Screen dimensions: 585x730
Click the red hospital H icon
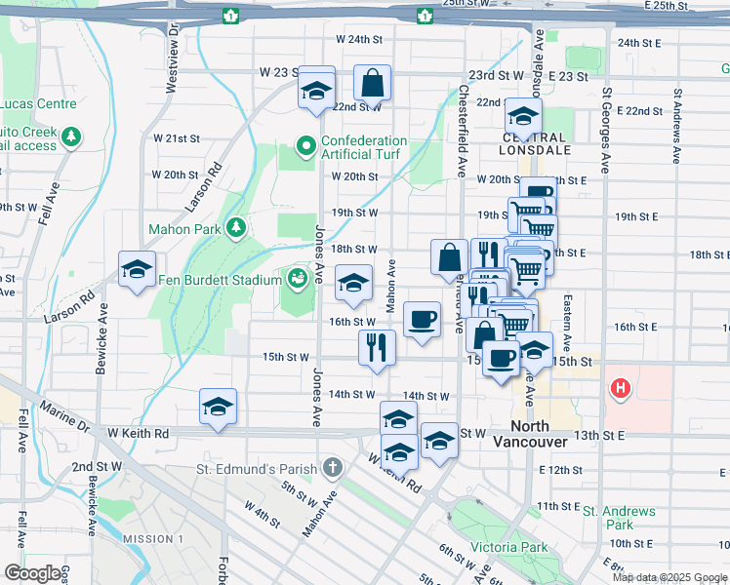pyautogui.click(x=619, y=390)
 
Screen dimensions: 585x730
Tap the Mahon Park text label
pyautogui.click(x=182, y=230)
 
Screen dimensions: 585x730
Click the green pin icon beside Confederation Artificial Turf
pyautogui.click(x=305, y=148)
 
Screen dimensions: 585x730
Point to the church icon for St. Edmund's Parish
pyautogui.click(x=333, y=468)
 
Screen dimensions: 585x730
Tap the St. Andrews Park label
pyautogui.click(x=619, y=518)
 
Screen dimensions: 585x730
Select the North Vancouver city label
pyautogui.click(x=543, y=434)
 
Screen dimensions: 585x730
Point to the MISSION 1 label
pyautogui.click(x=152, y=539)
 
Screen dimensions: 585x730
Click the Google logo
pyautogui.click(x=32, y=572)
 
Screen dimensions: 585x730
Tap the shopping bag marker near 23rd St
pyautogui.click(x=372, y=85)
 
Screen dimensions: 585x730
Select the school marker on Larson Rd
pyautogui.click(x=138, y=270)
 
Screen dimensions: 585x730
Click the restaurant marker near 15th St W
pyautogui.click(x=378, y=347)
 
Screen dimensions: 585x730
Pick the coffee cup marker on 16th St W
pyautogui.click(x=422, y=319)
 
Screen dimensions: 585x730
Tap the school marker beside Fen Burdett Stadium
pyautogui.click(x=353, y=284)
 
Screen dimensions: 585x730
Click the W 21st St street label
pyautogui.click(x=176, y=138)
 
